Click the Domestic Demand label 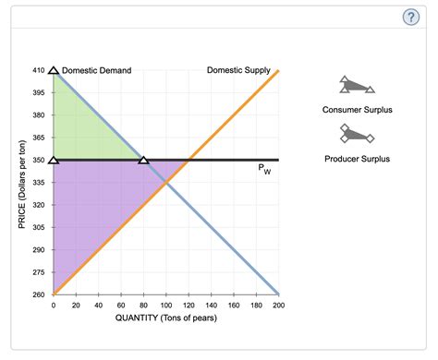(96, 71)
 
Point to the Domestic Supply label (238, 70)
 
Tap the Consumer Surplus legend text (357, 110)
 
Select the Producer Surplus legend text (357, 159)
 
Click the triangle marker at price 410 (54, 70)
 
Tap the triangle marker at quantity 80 (143, 160)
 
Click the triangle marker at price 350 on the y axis (54, 160)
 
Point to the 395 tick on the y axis (37, 93)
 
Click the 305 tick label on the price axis (37, 227)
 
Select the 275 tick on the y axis (37, 272)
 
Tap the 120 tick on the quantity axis (189, 305)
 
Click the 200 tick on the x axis (278, 305)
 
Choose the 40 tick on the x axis (99, 305)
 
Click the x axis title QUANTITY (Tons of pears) (166, 318)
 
